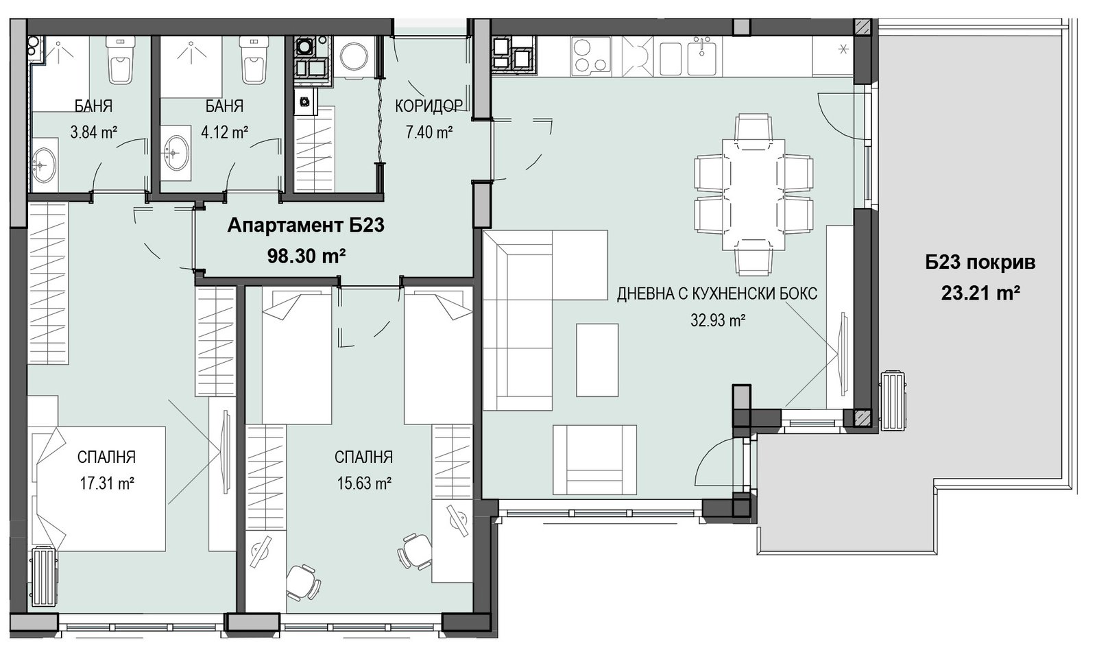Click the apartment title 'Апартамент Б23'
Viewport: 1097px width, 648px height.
306,226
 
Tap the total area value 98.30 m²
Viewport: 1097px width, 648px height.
306,256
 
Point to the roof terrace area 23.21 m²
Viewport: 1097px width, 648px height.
980,293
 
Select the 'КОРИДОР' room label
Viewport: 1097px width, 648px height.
429,106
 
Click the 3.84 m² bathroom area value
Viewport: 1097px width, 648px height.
93,132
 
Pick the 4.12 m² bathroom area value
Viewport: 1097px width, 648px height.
224,132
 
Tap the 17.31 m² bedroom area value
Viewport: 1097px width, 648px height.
107,483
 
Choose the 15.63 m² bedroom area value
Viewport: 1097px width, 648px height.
364,483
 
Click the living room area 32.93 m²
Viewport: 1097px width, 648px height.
718,320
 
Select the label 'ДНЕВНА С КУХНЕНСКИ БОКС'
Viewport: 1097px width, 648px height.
717,294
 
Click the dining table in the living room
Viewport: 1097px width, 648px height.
754,195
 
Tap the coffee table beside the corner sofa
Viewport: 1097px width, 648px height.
597,360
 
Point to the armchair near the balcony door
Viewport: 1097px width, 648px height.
595,459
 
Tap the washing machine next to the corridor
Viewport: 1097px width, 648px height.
354,56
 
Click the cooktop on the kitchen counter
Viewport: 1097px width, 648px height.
591,56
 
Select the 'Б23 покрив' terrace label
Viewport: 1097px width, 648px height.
980,263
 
